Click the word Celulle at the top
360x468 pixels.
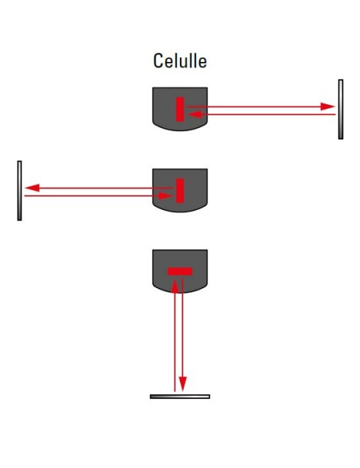click(x=180, y=61)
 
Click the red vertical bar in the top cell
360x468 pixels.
click(x=180, y=110)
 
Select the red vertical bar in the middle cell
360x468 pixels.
click(x=180, y=191)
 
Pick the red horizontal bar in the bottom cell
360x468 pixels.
click(x=180, y=271)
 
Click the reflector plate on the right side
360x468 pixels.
click(x=341, y=110)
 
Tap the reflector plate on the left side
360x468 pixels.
click(x=19, y=191)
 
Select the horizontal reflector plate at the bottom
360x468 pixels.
click(x=180, y=397)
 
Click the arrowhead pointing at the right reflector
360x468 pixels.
click(x=328, y=106)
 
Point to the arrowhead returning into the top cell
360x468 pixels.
click(x=195, y=114)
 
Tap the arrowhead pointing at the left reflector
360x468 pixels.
click(x=32, y=188)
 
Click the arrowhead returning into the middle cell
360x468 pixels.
click(x=165, y=196)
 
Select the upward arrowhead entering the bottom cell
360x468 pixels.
click(x=175, y=286)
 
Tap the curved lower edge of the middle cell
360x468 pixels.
click(x=180, y=211)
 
